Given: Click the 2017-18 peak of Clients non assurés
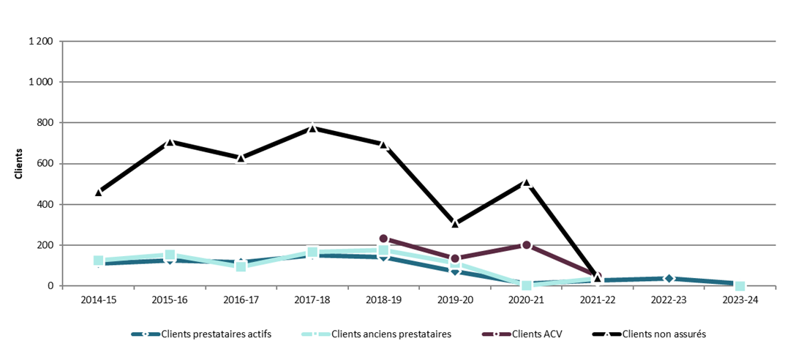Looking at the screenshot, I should click(x=312, y=128).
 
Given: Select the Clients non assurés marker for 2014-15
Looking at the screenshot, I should click(x=98, y=192).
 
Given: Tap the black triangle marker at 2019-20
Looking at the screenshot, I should click(x=455, y=223).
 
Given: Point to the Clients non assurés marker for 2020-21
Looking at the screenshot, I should click(x=526, y=183).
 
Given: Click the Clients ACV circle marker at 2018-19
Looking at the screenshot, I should click(x=383, y=239).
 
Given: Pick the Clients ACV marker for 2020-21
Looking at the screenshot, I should click(x=526, y=245).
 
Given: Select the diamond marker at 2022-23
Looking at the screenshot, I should click(x=669, y=278).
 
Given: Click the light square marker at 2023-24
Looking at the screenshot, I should click(x=740, y=286).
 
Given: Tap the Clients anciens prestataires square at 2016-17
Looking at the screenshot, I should click(x=241, y=266).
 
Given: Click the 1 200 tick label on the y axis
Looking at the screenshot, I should click(x=40, y=42).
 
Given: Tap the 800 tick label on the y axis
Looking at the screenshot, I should click(x=45, y=123).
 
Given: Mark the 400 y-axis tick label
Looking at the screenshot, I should click(x=45, y=204).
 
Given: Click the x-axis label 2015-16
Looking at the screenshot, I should click(x=169, y=300).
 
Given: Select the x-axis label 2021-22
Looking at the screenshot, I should click(x=597, y=300).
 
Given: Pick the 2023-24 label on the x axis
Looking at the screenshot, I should click(x=740, y=300).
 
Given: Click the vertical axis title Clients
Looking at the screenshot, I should click(x=18, y=164).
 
